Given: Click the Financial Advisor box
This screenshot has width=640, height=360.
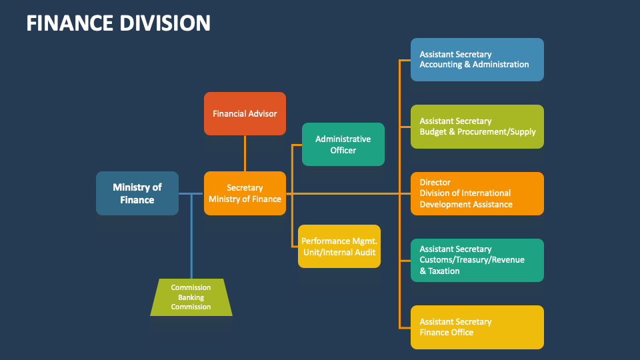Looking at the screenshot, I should tap(245, 113).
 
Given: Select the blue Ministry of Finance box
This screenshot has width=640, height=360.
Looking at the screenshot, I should tap(137, 193).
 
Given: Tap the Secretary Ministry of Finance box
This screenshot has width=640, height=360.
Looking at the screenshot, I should tap(245, 193).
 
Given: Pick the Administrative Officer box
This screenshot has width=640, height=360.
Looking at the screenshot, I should tap(343, 144).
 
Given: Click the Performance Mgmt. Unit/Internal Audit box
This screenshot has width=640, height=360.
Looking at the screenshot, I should tap(339, 246).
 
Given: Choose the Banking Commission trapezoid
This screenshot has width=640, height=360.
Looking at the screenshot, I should tap(191, 297).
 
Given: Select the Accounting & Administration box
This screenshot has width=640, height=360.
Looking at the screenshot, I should tap(477, 59).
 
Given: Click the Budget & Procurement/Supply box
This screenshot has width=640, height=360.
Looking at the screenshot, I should tap(477, 126).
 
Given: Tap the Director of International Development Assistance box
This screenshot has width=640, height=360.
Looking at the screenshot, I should tap(477, 193).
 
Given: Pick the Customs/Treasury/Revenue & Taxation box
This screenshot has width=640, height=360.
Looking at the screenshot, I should tap(477, 260).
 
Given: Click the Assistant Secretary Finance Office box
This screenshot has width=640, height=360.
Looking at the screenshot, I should tap(477, 327).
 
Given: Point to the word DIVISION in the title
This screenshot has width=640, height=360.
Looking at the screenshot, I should tap(166, 23).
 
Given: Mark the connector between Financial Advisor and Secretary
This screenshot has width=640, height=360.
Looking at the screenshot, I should tap(245, 153).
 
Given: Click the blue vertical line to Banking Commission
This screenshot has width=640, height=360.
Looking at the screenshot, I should tap(191, 237).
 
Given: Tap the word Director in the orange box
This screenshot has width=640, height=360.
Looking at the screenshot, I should tap(435, 183).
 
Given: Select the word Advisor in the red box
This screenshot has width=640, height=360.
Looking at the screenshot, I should tap(262, 113).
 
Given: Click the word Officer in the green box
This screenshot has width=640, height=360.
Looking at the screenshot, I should tap(343, 150).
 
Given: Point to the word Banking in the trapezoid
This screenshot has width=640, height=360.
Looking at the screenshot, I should tap(191, 297).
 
